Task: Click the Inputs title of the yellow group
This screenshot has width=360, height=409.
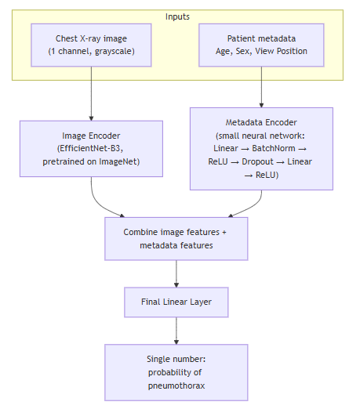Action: [177, 16]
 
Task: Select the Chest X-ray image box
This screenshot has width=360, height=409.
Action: [91, 45]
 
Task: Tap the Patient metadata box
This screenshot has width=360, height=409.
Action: [261, 45]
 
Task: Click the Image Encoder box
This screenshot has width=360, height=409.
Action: [91, 149]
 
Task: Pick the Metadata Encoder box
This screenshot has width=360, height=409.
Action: [261, 149]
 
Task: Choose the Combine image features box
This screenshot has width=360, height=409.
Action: [176, 239]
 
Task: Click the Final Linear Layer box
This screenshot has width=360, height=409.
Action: [176, 302]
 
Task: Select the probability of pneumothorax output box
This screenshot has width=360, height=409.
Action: [176, 372]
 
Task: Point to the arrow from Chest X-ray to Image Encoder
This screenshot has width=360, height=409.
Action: [91, 94]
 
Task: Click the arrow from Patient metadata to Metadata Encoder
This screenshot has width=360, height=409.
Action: [261, 87]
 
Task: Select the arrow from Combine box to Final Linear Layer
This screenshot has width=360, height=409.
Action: [176, 273]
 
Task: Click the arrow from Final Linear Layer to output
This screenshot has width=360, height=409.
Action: [176, 331]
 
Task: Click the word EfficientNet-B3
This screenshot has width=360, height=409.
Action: [90, 148]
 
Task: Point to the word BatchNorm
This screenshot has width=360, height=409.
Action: [274, 148]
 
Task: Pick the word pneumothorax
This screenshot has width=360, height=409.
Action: [176, 385]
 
